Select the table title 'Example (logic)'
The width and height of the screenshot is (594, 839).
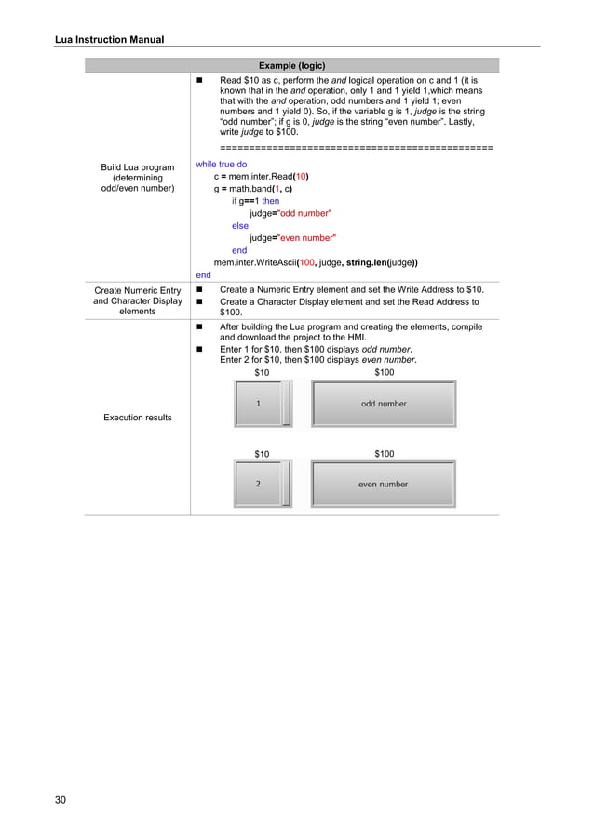[x=291, y=66]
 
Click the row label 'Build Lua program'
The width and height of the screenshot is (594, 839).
[x=137, y=167]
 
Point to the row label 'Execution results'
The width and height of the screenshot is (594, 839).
[x=137, y=418]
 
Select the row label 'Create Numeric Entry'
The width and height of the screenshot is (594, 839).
[x=137, y=290]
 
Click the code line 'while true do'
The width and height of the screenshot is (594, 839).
[x=221, y=165]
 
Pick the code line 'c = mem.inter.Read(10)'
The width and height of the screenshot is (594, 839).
[x=262, y=177]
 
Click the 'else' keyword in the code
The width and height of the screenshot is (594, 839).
[x=240, y=226]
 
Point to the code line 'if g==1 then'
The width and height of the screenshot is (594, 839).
[x=255, y=201]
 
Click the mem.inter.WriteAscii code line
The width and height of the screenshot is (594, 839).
[x=315, y=263]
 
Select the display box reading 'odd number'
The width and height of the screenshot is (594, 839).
[x=384, y=405]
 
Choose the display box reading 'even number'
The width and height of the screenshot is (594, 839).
[x=384, y=485]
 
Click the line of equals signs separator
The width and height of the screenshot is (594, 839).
[x=356, y=148]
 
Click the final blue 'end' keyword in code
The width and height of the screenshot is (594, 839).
[x=203, y=275]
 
